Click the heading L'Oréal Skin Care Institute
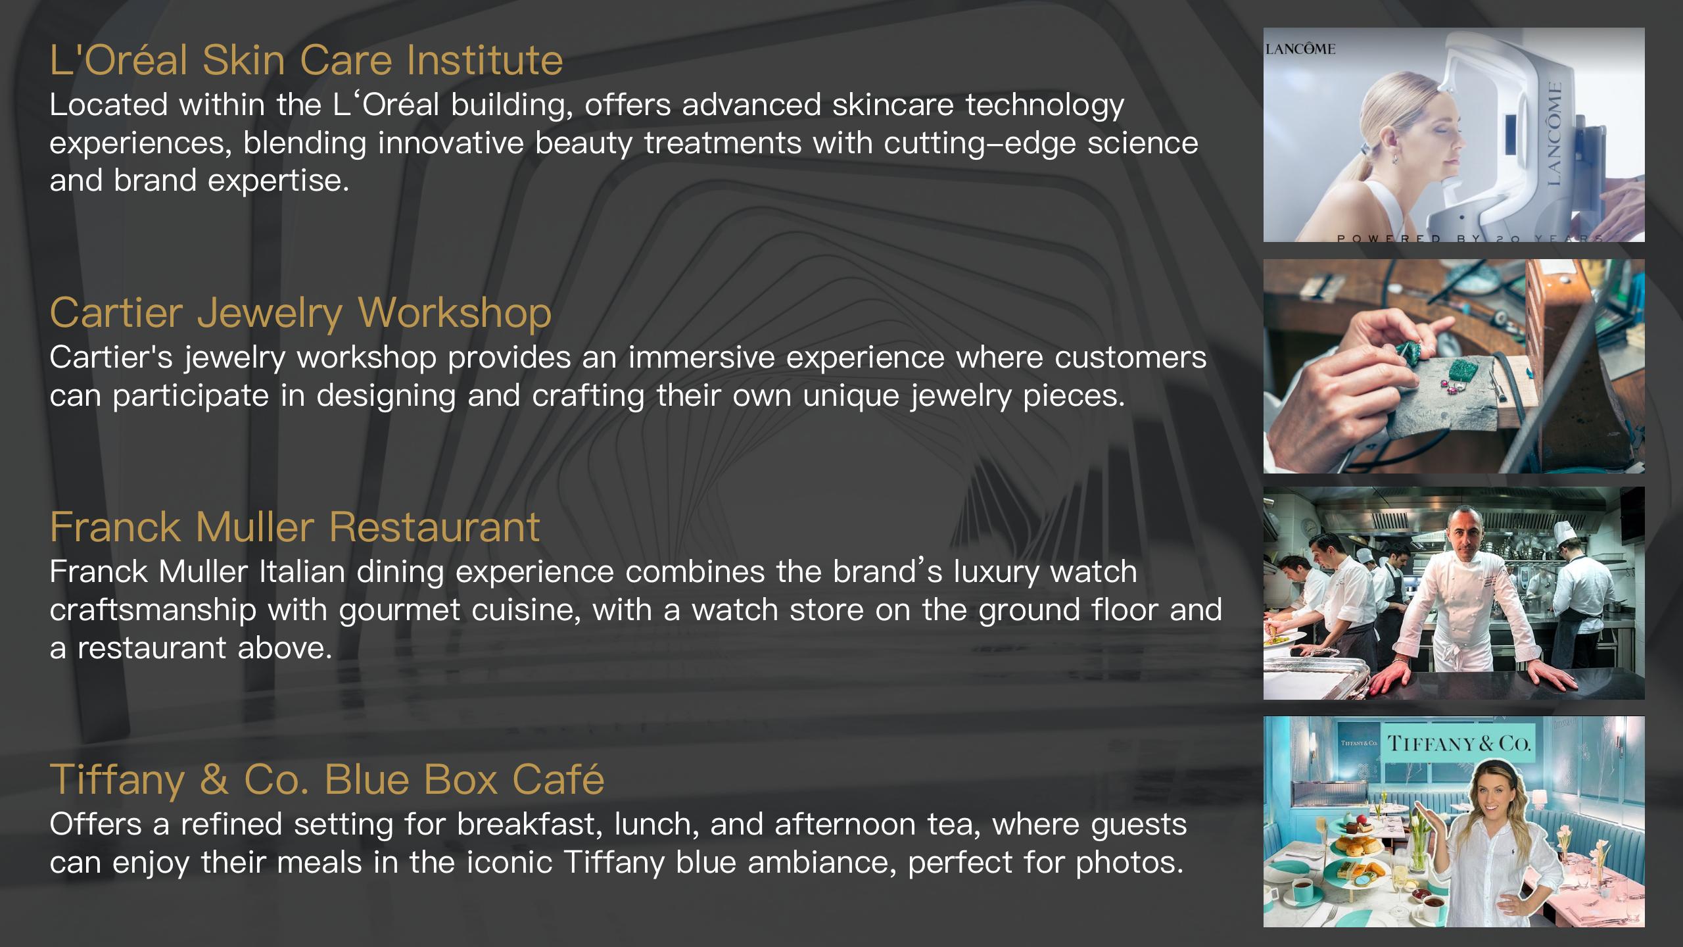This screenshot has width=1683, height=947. pyautogui.click(x=306, y=60)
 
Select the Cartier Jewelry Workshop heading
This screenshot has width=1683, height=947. pyautogui.click(x=300, y=312)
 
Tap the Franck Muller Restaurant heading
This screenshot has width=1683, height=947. pyautogui.click(x=295, y=527)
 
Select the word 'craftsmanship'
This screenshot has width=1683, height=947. pyautogui.click(x=153, y=610)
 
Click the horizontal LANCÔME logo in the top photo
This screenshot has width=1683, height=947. pyautogui.click(x=1300, y=49)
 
